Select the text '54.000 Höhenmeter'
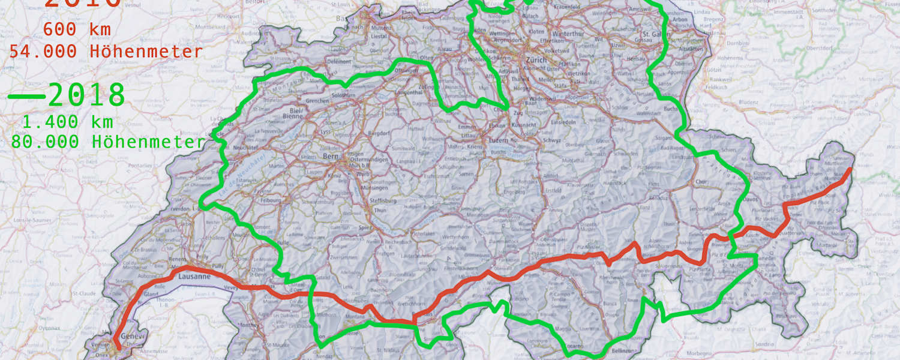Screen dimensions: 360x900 (106, 52)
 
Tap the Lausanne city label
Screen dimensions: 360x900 (195, 277)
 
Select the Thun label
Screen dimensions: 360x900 (380, 211)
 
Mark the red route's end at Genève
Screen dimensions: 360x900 (118, 347)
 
